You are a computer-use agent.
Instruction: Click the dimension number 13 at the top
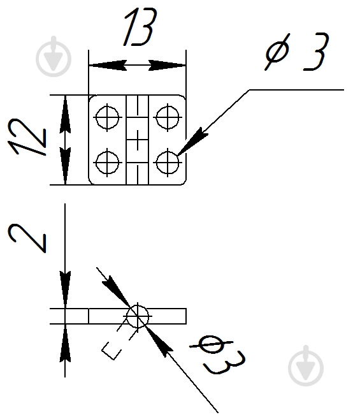(141, 27)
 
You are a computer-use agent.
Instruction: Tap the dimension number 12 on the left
(27, 136)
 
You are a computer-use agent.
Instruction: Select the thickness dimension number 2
(27, 238)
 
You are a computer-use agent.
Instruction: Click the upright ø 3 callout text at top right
(297, 52)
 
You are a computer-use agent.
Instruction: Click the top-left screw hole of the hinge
(107, 117)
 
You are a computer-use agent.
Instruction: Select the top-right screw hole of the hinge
(168, 117)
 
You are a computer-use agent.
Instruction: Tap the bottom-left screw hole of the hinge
(107, 162)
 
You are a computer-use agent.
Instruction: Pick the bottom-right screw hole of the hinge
(168, 162)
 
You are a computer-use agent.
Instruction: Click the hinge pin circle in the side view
(138, 316)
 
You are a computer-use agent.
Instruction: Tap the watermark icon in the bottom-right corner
(306, 366)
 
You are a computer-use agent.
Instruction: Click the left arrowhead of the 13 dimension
(108, 65)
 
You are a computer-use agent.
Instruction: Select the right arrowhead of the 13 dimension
(167, 65)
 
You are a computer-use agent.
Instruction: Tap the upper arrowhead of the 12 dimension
(65, 114)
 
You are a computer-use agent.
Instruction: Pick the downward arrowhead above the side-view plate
(65, 290)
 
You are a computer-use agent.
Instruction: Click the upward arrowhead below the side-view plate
(65, 342)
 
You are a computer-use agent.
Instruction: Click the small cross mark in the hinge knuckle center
(138, 140)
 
